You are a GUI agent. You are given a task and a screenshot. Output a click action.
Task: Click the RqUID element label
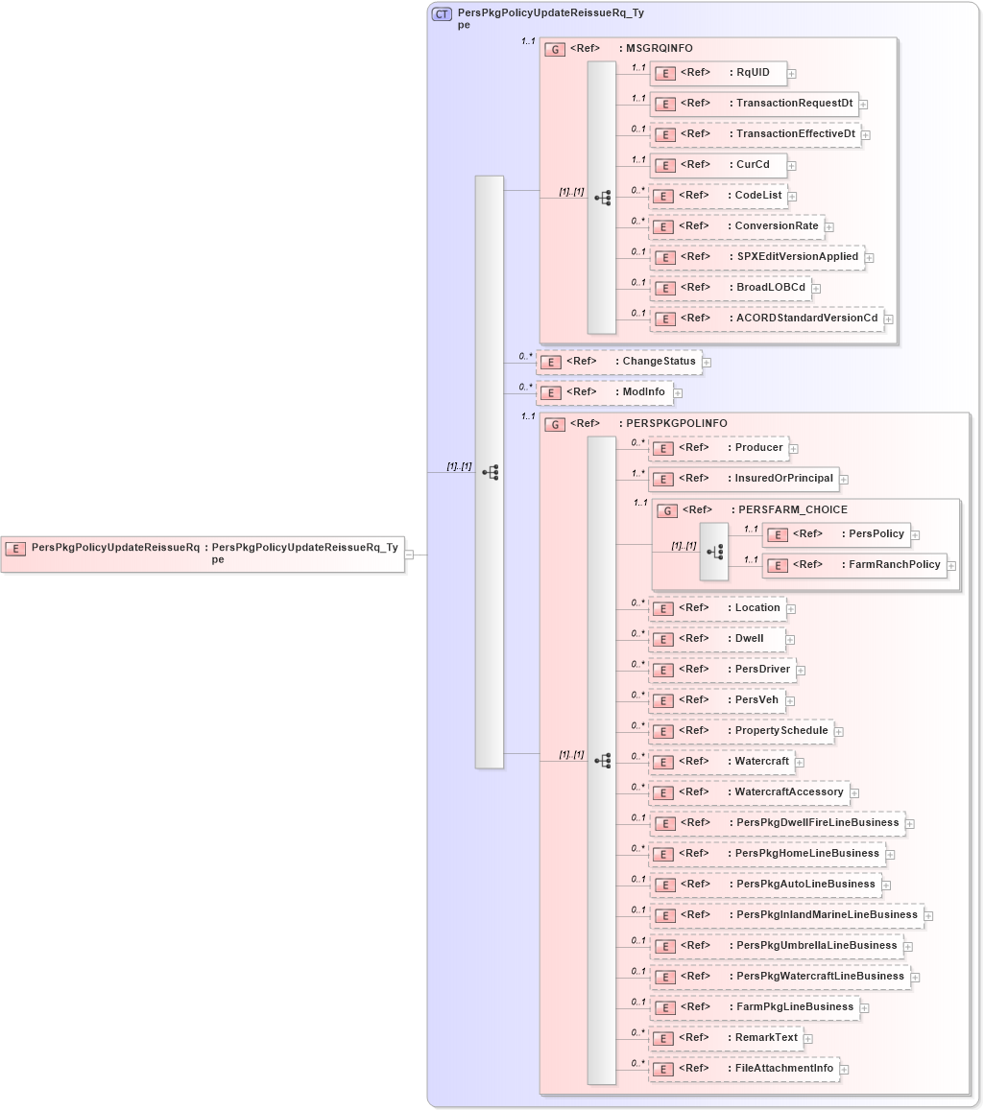click(753, 72)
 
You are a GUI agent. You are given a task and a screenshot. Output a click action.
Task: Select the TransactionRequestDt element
click(794, 103)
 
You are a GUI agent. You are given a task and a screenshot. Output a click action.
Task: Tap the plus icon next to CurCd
click(791, 165)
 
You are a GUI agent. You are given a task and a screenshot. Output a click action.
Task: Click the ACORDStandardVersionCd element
click(806, 318)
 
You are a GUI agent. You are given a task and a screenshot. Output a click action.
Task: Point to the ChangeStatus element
click(659, 362)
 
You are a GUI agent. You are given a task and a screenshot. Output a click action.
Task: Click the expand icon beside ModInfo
click(677, 392)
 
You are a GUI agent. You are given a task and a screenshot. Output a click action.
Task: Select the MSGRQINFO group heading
click(659, 48)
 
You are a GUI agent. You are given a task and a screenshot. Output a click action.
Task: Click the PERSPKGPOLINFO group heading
click(676, 423)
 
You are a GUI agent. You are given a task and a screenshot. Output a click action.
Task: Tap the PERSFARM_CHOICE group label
click(789, 509)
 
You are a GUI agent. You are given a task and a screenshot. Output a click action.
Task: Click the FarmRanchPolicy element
click(893, 565)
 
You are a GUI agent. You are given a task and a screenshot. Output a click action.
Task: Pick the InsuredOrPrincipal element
click(784, 478)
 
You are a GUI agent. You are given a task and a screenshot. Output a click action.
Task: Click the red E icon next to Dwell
click(663, 639)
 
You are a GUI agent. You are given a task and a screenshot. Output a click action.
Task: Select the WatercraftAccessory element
click(789, 792)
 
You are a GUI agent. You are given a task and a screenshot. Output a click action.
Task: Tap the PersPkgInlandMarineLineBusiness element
click(827, 915)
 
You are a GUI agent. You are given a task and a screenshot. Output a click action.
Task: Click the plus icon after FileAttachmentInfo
click(845, 1069)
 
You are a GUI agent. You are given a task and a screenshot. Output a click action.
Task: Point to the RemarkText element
click(766, 1038)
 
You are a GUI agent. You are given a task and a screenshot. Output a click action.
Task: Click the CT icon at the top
click(442, 14)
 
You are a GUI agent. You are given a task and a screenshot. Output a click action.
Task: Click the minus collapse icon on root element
click(410, 554)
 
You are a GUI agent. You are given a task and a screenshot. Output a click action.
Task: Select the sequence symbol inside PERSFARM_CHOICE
click(714, 552)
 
